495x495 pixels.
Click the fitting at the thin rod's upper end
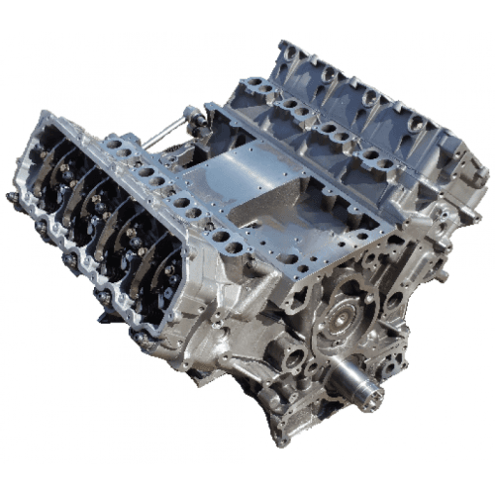(188, 116)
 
